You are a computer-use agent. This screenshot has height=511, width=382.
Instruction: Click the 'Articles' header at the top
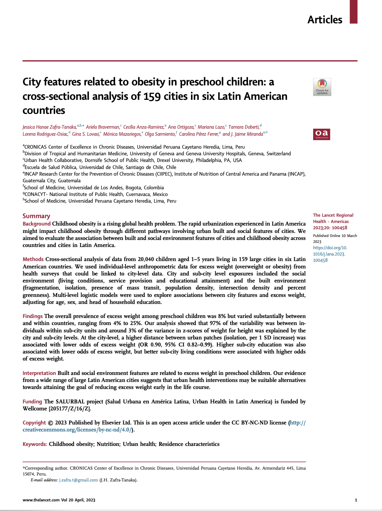point(325,20)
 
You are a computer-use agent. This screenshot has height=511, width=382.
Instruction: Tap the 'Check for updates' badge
point(322,87)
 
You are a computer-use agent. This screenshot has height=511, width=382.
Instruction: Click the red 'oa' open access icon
point(321,134)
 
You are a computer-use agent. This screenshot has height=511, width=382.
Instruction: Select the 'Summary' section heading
point(36,216)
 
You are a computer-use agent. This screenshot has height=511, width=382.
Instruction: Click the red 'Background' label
point(36,224)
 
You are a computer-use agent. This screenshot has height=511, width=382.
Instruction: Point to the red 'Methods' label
point(33,259)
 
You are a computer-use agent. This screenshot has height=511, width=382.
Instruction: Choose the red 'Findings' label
point(33,316)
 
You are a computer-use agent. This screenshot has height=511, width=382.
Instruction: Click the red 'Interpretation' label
point(39,373)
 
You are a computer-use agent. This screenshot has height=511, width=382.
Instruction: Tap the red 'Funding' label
point(32,402)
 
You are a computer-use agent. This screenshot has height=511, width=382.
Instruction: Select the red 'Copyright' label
point(34,423)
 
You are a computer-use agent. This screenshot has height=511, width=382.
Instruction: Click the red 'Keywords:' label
point(35,444)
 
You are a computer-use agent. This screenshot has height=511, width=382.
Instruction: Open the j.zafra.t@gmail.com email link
point(78,480)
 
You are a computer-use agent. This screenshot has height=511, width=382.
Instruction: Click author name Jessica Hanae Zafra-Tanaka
point(50,127)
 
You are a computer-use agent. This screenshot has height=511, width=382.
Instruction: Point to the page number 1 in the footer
point(356,500)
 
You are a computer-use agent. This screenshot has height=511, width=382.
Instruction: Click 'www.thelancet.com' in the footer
point(41,500)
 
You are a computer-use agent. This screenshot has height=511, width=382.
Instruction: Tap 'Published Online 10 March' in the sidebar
point(335,236)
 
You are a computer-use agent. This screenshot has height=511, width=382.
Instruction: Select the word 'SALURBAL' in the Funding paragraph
point(70,402)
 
